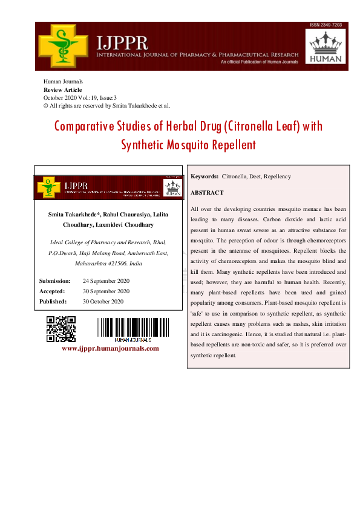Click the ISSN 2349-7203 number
tap(326, 25)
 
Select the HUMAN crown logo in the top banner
tap(326, 47)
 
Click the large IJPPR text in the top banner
tap(122, 42)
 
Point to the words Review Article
tap(63, 89)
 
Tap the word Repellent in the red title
tap(234, 145)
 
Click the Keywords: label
tap(205, 177)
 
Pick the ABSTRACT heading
tap(207, 192)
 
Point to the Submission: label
tap(55, 281)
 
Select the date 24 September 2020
tap(106, 281)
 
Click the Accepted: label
tap(53, 291)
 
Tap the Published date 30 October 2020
tap(103, 301)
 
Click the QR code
tap(61, 329)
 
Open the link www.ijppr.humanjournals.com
tap(110, 348)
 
